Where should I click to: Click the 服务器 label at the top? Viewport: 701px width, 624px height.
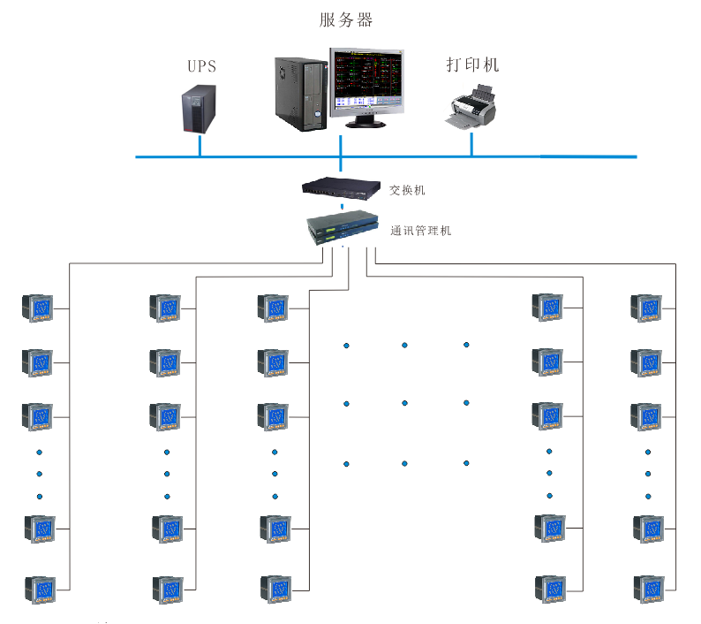(346, 19)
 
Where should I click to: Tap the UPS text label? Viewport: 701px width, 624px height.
(201, 66)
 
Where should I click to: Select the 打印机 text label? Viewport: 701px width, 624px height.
(472, 65)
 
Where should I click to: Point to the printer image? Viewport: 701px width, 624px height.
(471, 109)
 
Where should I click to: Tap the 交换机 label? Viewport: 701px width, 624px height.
(408, 189)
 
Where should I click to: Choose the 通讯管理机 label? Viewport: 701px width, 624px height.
(421, 231)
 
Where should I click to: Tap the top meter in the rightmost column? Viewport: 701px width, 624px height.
(646, 308)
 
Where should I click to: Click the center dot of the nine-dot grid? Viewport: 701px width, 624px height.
(404, 403)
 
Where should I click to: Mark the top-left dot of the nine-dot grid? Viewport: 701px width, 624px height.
(346, 345)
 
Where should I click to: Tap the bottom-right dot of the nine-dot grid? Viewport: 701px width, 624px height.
(466, 462)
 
